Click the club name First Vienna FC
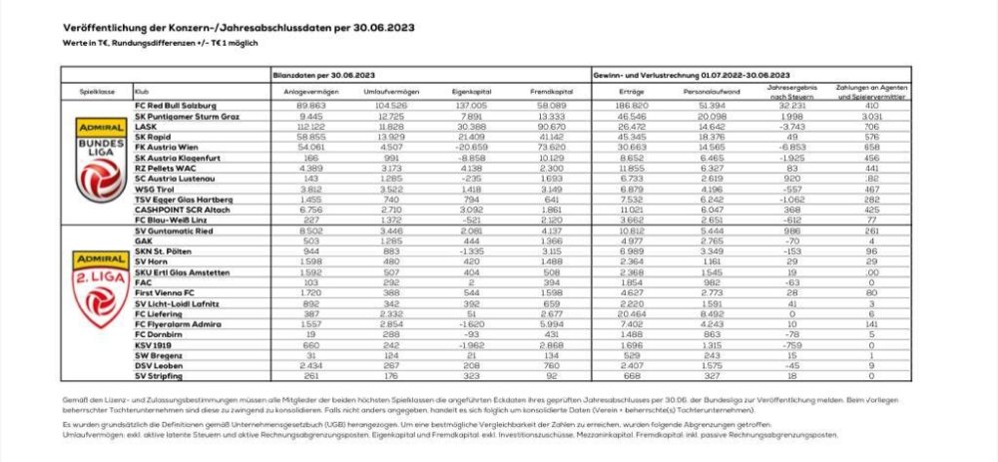pos(163,291)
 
